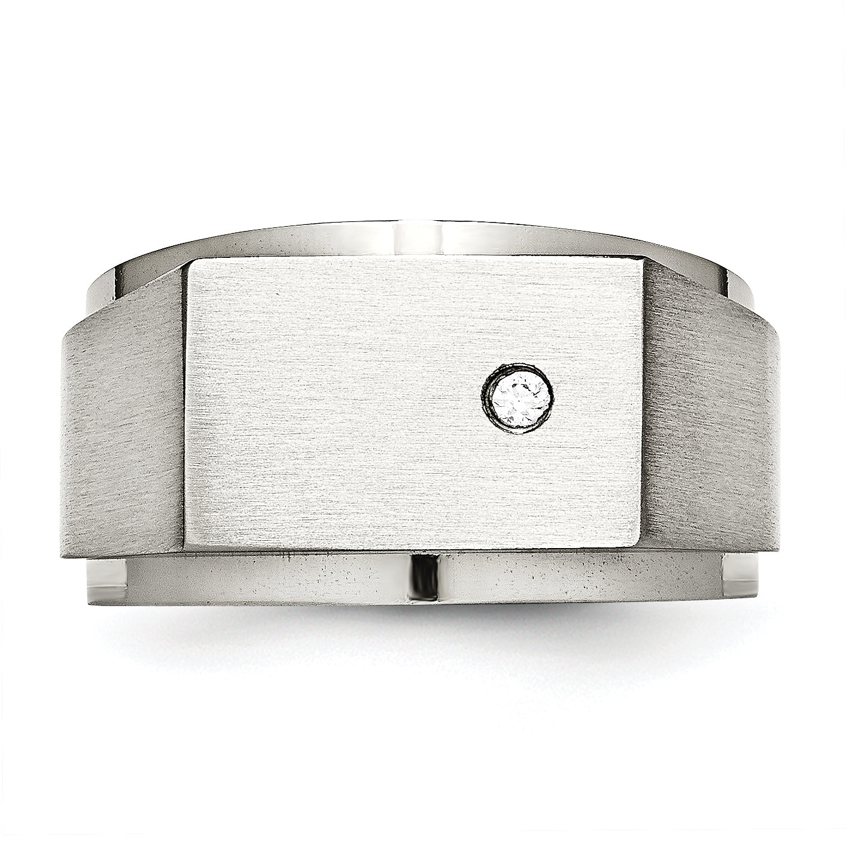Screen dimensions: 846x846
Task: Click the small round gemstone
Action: coord(520,397)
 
